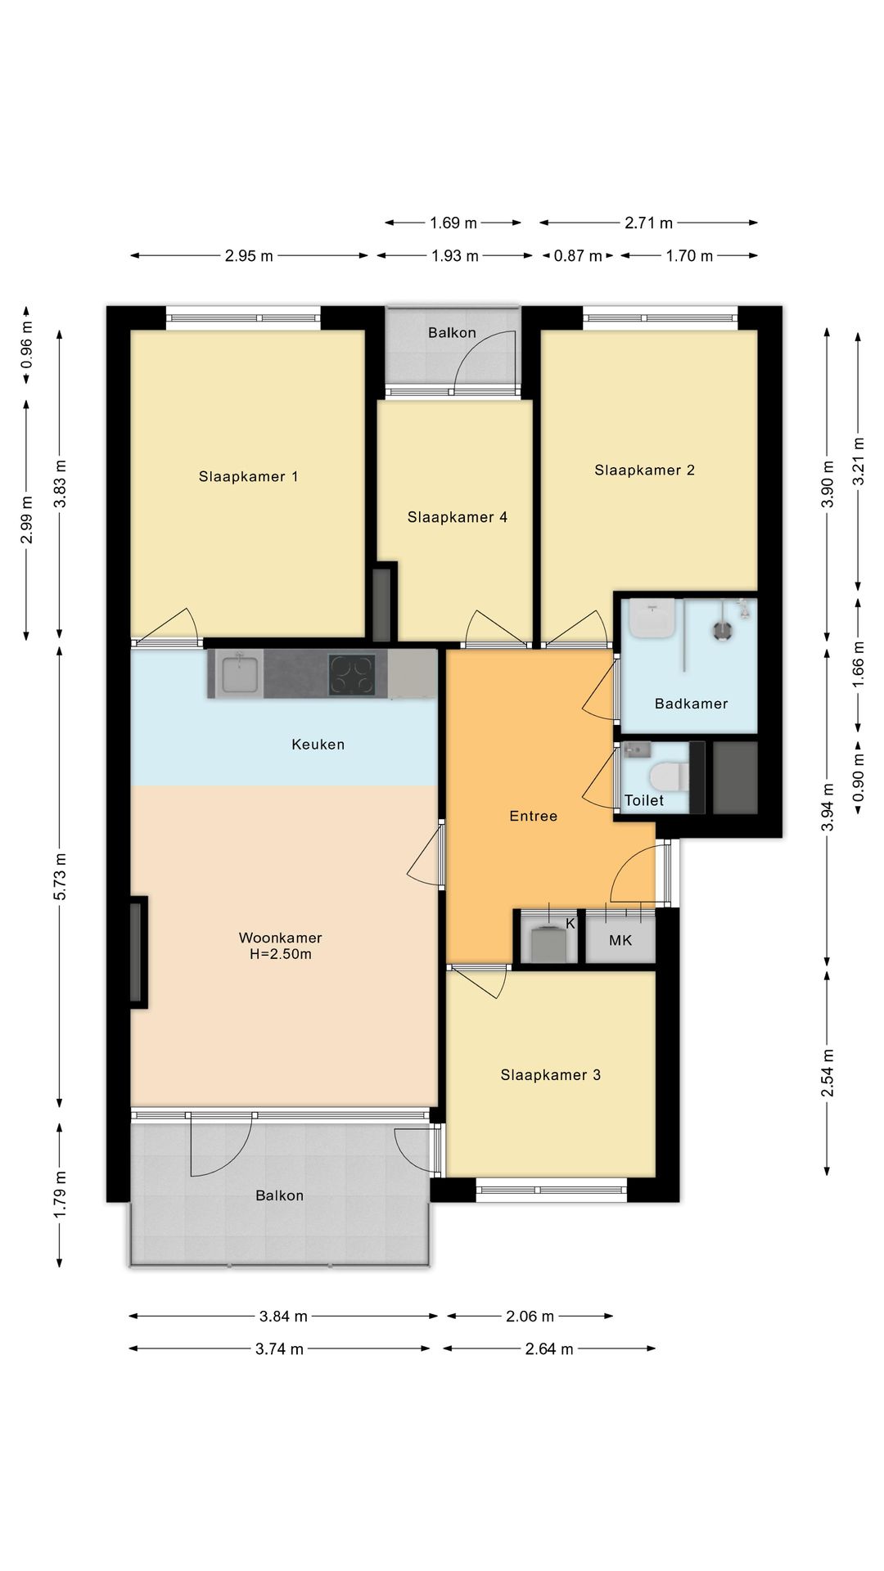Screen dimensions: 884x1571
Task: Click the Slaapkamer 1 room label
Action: click(x=248, y=476)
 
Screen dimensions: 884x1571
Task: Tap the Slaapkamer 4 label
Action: click(x=458, y=517)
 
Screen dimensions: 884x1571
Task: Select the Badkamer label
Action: click(x=691, y=704)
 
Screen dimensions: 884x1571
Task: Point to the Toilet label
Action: click(x=644, y=800)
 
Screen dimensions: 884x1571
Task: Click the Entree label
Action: click(x=534, y=816)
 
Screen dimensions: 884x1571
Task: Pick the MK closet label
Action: click(x=620, y=941)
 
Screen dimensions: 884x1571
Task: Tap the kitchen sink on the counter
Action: click(x=240, y=674)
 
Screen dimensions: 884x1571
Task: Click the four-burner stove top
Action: click(x=352, y=675)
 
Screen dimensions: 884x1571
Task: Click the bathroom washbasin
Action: click(x=652, y=618)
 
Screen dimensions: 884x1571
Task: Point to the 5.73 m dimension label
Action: click(x=60, y=876)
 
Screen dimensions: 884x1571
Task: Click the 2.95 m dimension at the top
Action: click(x=249, y=256)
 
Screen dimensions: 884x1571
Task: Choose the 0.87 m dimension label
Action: click(x=578, y=256)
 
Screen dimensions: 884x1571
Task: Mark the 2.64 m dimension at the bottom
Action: click(x=549, y=1349)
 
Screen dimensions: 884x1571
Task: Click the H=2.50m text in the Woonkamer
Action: click(x=280, y=954)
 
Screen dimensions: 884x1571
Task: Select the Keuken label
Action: click(x=318, y=745)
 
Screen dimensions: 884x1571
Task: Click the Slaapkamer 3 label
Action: click(x=551, y=1075)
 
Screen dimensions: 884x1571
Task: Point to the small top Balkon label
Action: click(x=452, y=333)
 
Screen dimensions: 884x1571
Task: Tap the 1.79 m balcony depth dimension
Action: click(x=60, y=1195)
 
